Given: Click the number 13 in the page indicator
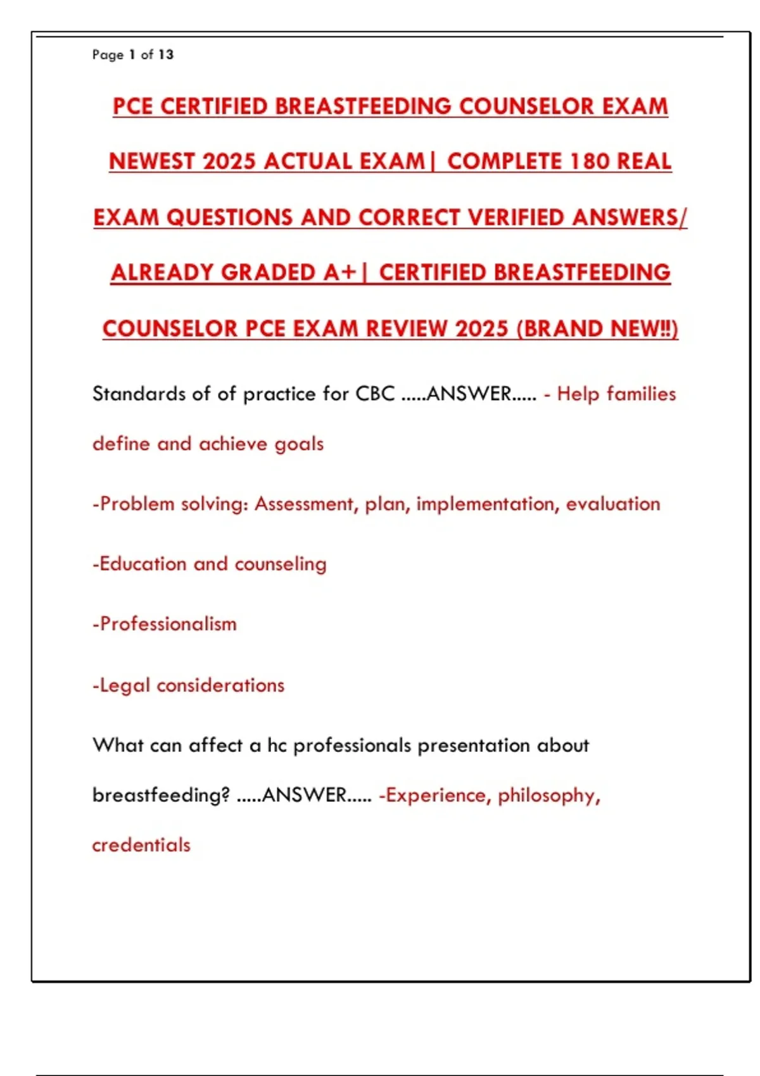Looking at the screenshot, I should (x=166, y=54).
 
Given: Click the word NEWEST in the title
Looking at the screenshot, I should (x=151, y=161).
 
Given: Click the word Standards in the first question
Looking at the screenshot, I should (x=139, y=394).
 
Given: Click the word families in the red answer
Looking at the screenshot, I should (x=642, y=394).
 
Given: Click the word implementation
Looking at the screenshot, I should (x=487, y=504).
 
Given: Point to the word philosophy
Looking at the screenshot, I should (x=548, y=796).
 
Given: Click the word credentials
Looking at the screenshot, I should (x=141, y=845).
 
